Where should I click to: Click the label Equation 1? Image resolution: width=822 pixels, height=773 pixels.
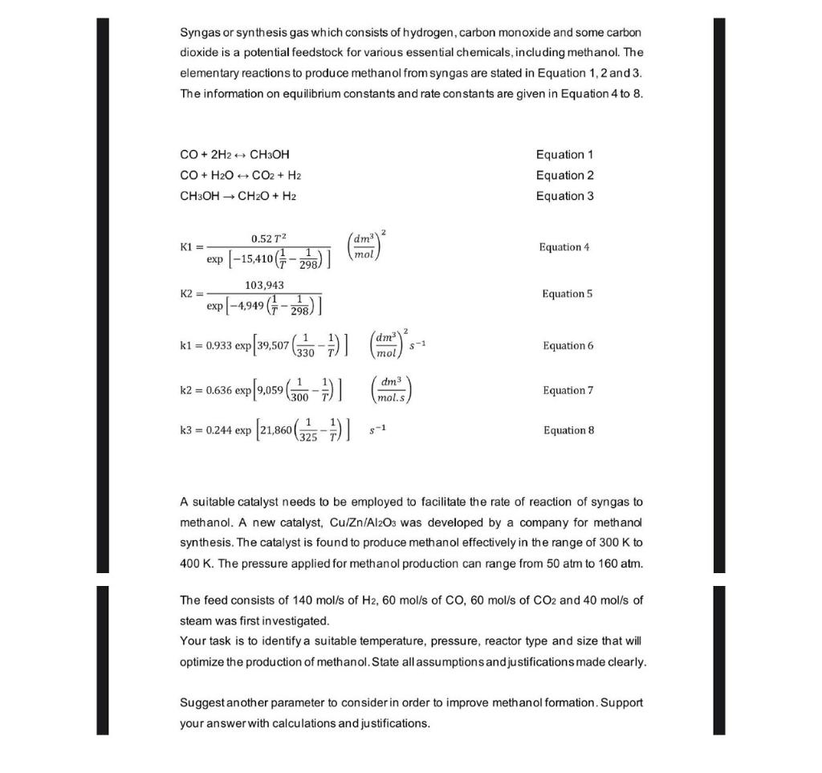[x=564, y=154]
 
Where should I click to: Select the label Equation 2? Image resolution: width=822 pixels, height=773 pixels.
[x=564, y=175]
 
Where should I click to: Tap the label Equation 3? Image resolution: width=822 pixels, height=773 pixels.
[x=564, y=196]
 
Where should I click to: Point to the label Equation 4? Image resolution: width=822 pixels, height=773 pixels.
[x=566, y=247]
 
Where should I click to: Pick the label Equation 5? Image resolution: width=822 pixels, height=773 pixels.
[x=567, y=294]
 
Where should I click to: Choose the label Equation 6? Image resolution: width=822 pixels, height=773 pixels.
[x=568, y=346]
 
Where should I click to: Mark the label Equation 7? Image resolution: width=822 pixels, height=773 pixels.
[x=568, y=391]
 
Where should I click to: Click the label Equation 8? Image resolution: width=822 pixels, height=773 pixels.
[x=568, y=431]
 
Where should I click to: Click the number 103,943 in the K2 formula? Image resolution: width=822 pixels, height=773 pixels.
[x=264, y=285]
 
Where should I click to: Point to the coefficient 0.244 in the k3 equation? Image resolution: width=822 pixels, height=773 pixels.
[x=219, y=431]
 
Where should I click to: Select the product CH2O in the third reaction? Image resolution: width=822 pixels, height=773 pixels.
[x=262, y=196]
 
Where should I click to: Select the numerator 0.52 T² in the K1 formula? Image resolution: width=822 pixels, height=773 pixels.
[x=267, y=238]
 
